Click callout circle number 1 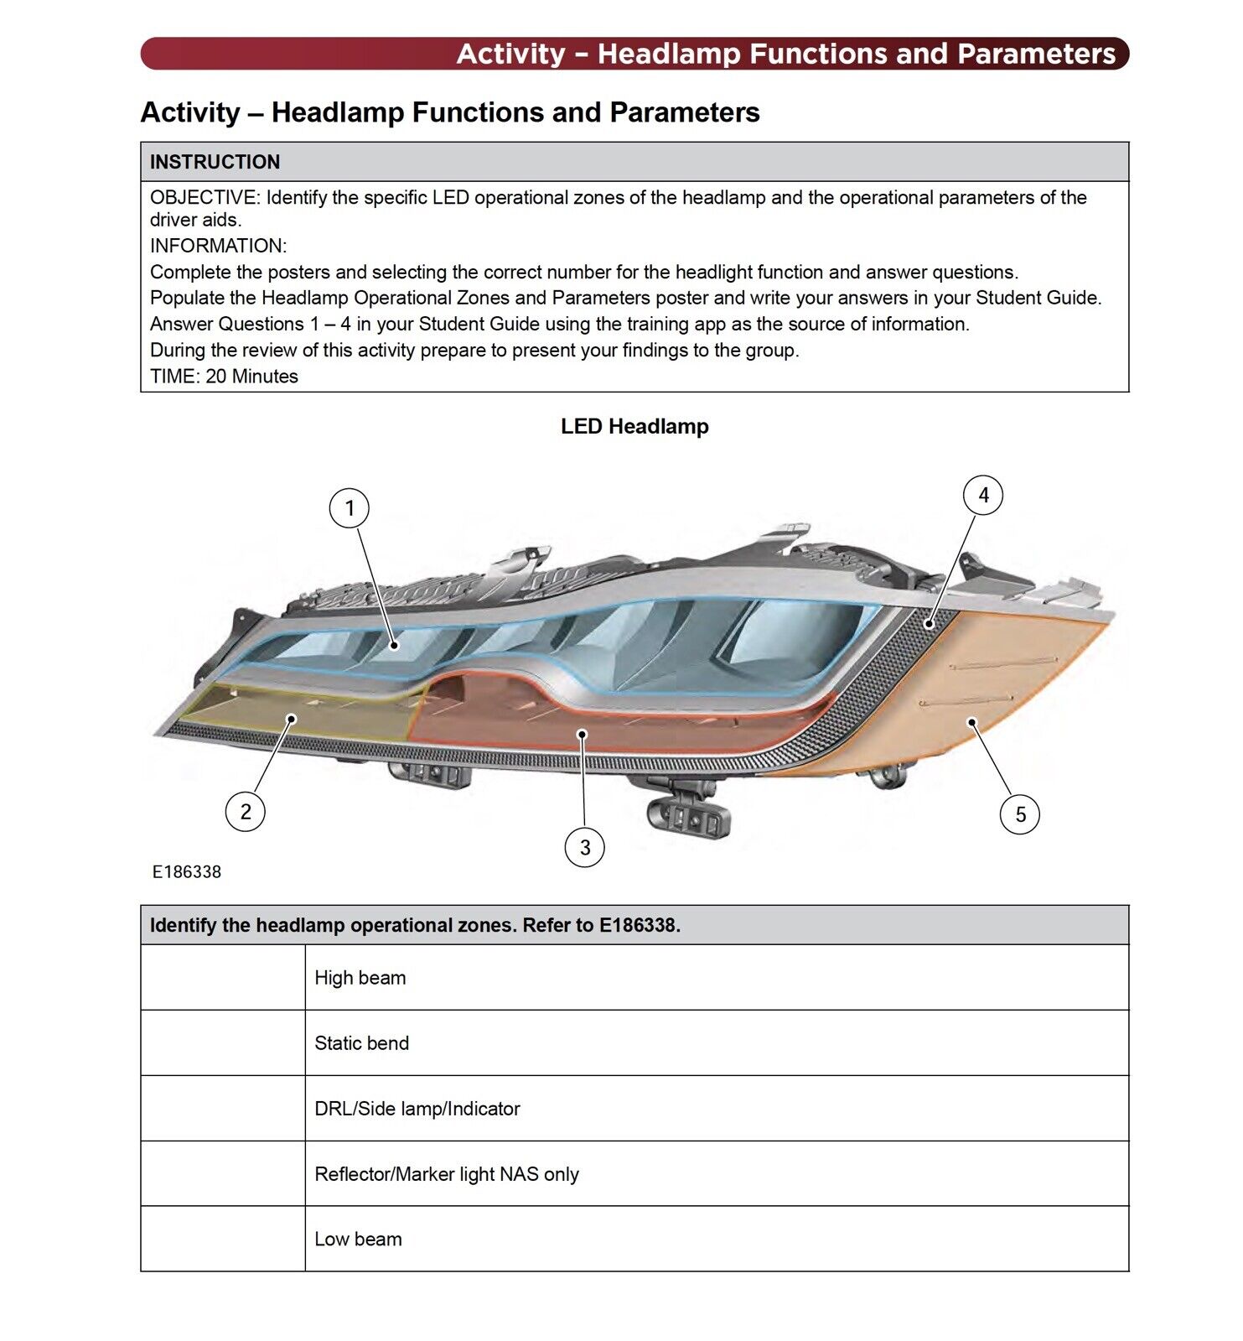350,508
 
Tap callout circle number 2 246,811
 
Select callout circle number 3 585,847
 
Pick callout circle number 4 983,496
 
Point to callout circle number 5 1020,814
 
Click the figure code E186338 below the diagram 187,872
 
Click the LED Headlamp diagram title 634,427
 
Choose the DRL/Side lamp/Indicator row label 417,1109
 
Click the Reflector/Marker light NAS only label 447,1174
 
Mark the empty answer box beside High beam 223,978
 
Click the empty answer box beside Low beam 223,1240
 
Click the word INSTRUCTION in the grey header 215,162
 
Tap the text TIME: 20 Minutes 224,377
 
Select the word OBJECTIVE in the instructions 204,198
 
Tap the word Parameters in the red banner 1036,54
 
